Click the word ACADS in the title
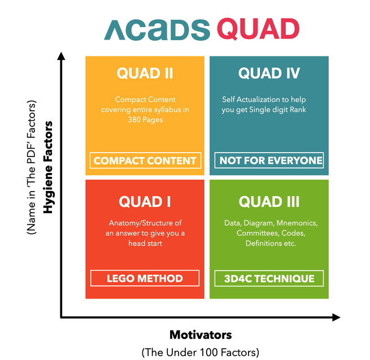point(156,29)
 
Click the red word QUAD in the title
point(258,29)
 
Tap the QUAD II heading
point(145,73)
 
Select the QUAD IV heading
point(269,73)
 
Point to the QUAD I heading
point(145,201)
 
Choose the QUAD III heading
point(269,201)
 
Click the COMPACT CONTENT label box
point(145,161)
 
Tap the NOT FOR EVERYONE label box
point(269,161)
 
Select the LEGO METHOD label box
point(145,278)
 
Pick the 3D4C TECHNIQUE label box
point(268,278)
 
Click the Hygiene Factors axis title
point(49,167)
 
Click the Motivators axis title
point(201,335)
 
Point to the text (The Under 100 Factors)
point(201,352)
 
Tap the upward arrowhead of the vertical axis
point(62,56)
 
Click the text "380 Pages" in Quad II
point(145,120)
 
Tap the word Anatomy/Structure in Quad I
point(145,223)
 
